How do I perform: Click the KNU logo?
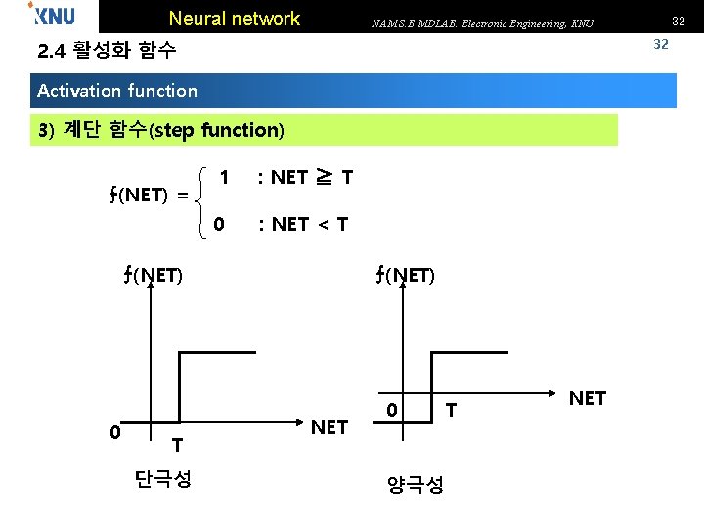point(52,17)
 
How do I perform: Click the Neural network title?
point(235,19)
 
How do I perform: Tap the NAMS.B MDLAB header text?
point(482,22)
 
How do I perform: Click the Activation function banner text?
point(117,91)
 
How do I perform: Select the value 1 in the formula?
point(225,177)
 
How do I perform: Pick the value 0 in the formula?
point(219,224)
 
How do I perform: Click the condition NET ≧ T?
point(305,177)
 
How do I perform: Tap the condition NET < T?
point(303,224)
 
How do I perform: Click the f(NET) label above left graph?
point(153,275)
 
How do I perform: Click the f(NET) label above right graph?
point(404,275)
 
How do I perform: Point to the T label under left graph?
point(176,445)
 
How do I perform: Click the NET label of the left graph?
point(329,427)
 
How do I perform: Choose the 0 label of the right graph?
point(390,409)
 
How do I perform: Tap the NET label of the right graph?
point(587,398)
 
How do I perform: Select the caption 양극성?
point(417,483)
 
